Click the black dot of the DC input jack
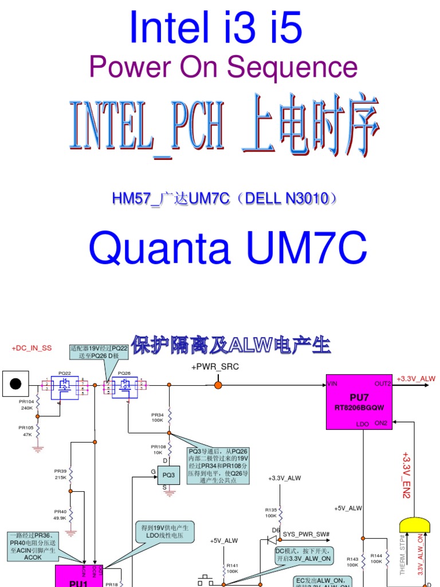17,383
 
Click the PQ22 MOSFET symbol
64,387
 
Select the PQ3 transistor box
168,475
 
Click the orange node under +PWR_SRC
218,385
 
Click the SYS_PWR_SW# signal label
306,534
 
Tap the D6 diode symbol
274,539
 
